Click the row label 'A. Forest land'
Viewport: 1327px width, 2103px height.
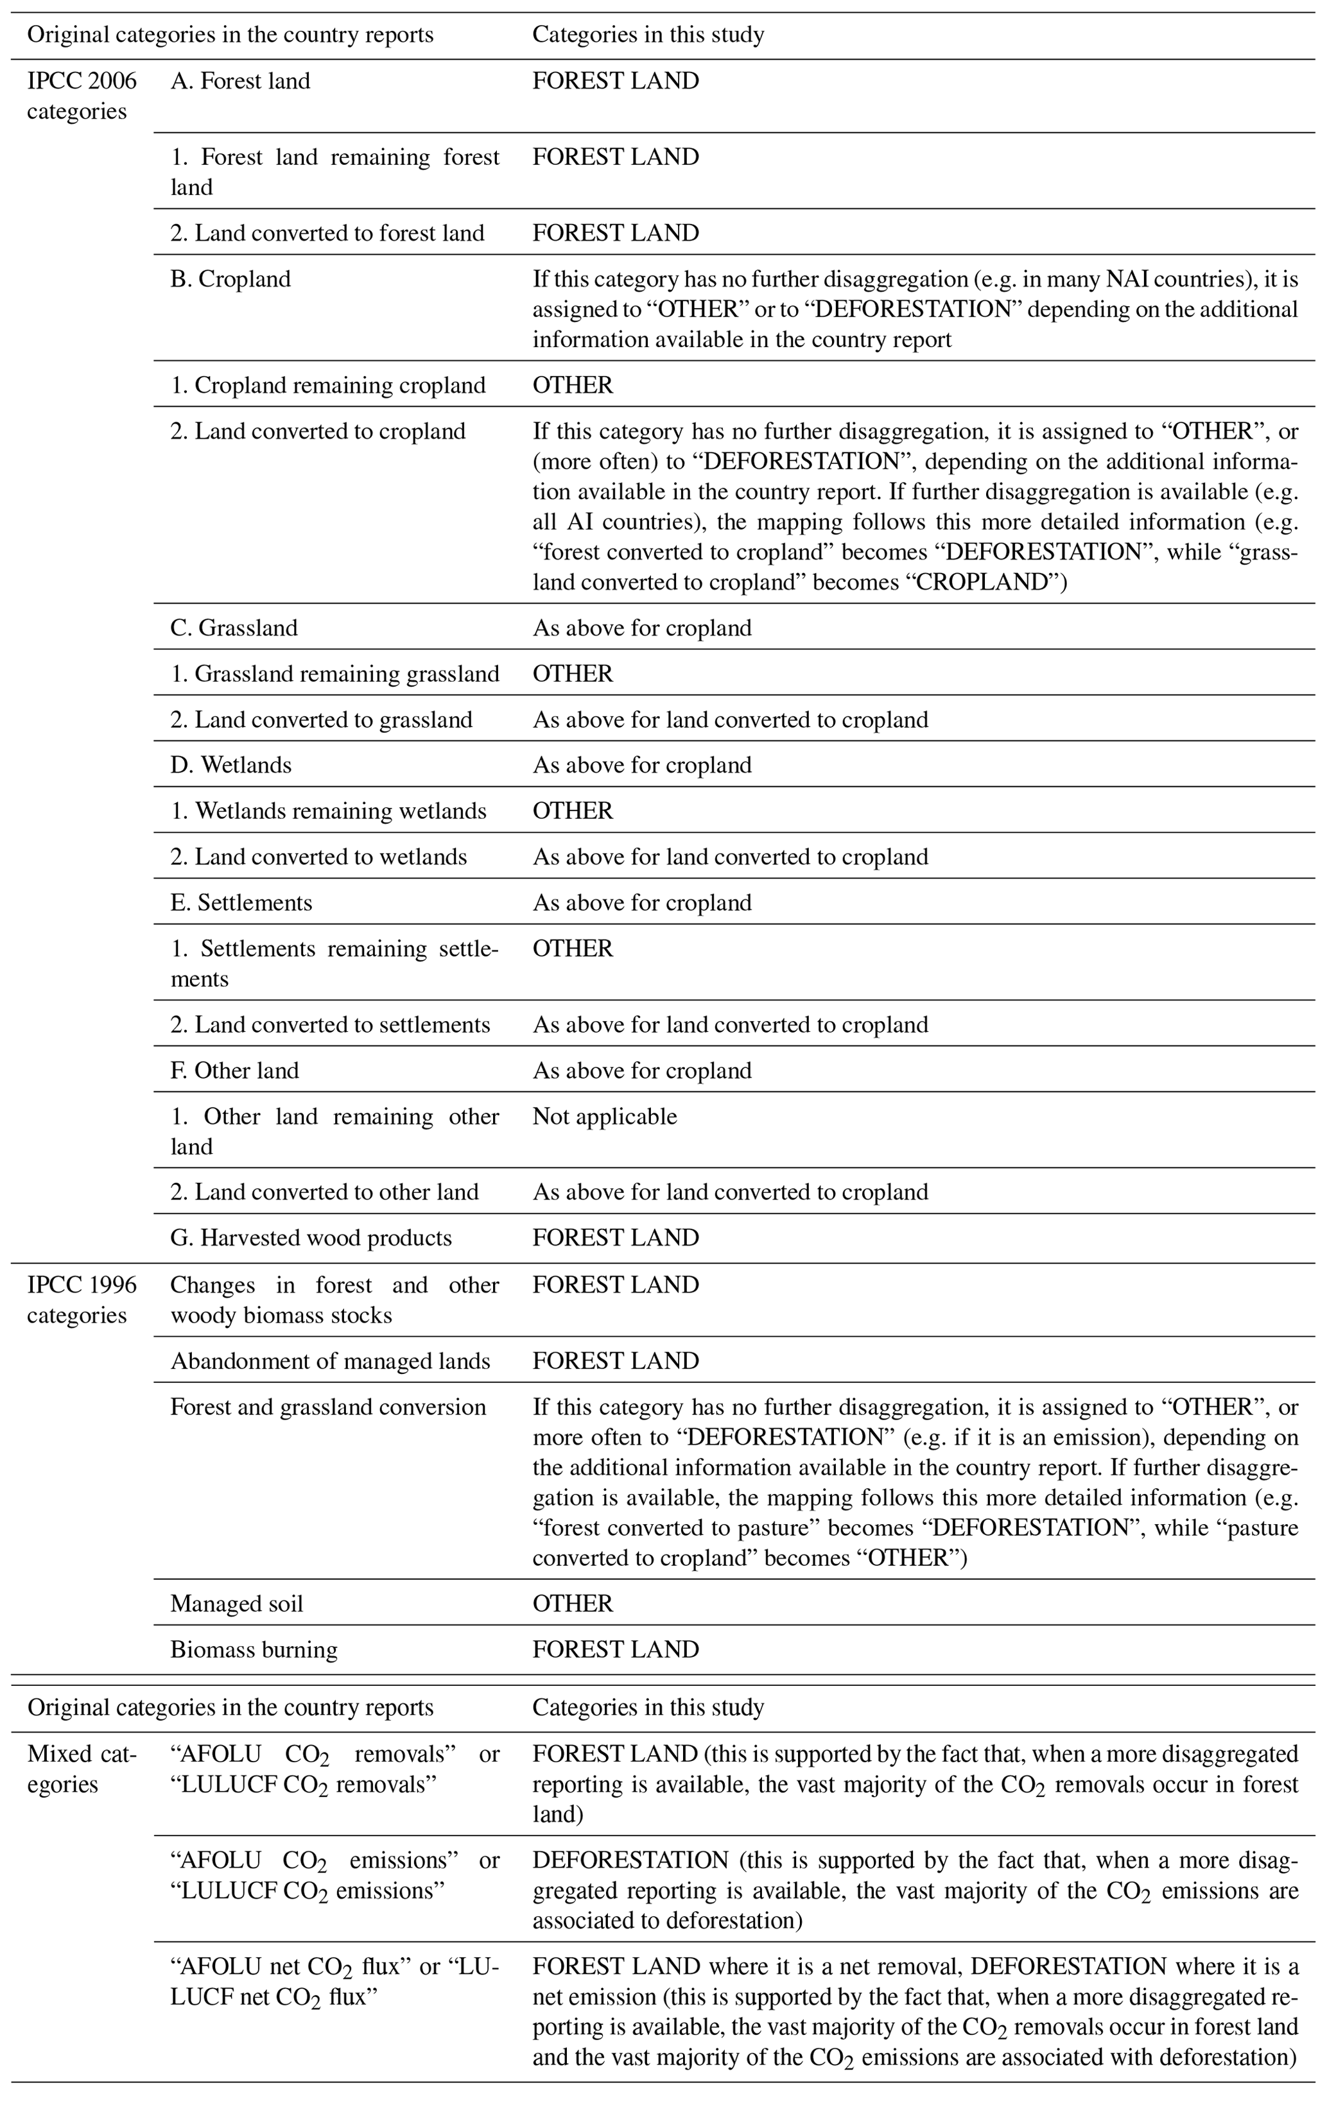pos(240,82)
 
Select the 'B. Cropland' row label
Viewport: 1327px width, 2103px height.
pos(230,279)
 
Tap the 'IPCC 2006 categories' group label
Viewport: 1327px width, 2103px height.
pos(82,96)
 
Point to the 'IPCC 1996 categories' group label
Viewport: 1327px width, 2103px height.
pos(82,1300)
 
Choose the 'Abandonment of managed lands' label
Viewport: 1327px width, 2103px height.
pos(330,1361)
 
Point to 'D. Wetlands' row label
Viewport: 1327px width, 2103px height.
pos(230,765)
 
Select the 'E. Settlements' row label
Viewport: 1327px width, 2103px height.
pos(241,902)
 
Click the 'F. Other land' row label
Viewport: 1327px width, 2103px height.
pos(234,1070)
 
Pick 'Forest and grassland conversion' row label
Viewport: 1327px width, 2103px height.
pos(327,1407)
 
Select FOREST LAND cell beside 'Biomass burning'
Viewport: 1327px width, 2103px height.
pos(616,1649)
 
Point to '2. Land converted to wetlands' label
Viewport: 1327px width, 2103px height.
pos(319,857)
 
